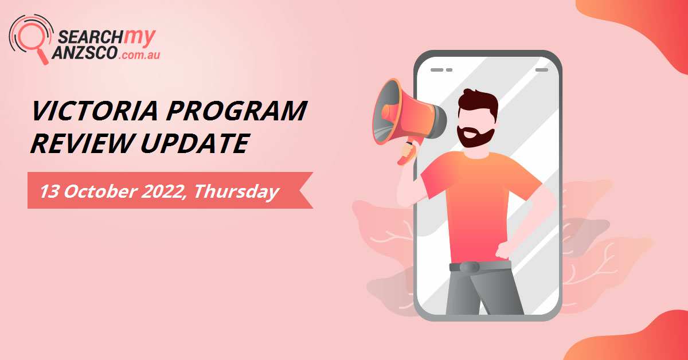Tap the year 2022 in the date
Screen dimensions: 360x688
pyautogui.click(x=157, y=191)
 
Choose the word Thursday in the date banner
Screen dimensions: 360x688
pyautogui.click(x=236, y=191)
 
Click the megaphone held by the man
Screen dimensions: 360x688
pyautogui.click(x=401, y=115)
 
